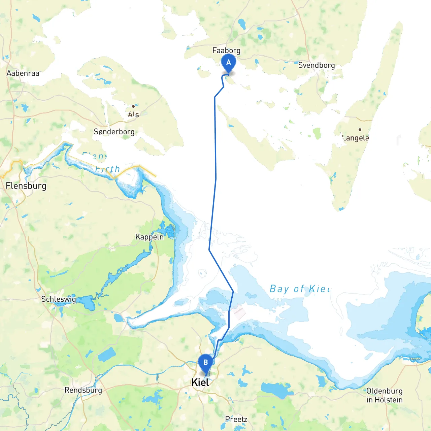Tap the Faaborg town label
click(226, 51)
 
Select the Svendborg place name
click(316, 65)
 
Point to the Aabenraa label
click(23, 73)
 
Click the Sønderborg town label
click(114, 132)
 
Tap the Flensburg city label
click(26, 186)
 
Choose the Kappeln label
click(150, 237)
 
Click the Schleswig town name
click(58, 299)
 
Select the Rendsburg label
click(83, 390)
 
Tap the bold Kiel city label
click(200, 383)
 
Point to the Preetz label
click(236, 419)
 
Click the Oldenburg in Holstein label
click(385, 395)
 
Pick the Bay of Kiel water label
click(300, 289)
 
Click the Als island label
click(133, 114)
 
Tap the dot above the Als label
click(133, 106)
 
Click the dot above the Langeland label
click(360, 130)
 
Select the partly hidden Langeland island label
click(356, 138)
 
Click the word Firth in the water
click(107, 169)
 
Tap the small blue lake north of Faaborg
click(242, 24)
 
